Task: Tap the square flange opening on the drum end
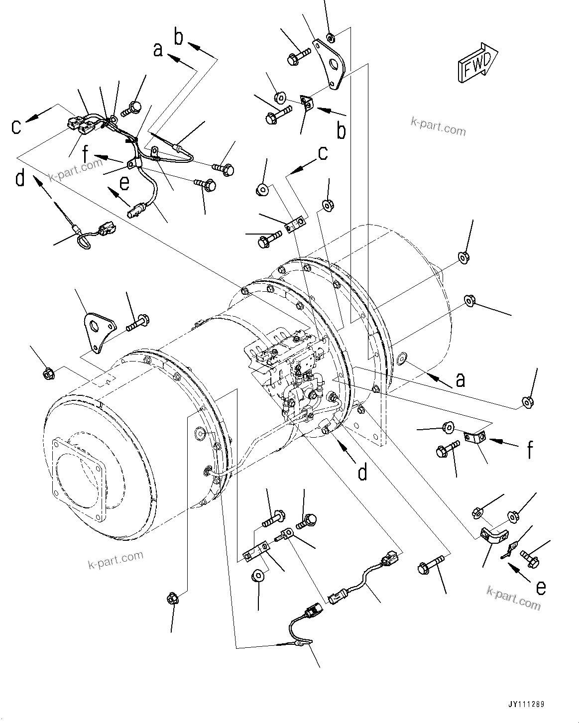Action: click(78, 466)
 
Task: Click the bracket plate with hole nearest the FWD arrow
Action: click(328, 64)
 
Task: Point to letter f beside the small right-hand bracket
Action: click(531, 450)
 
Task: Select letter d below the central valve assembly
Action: click(362, 472)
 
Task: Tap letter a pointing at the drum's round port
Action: click(460, 379)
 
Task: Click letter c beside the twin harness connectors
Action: click(17, 126)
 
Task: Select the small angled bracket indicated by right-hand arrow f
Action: click(475, 437)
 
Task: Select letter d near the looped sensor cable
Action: click(20, 178)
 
